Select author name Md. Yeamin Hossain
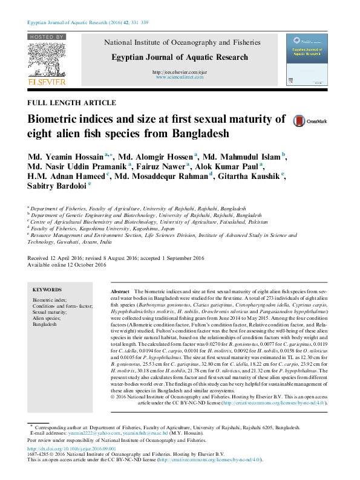[x=65, y=157]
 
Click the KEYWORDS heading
[x=47, y=290]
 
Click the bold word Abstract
[x=120, y=291]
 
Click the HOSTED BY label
[x=46, y=37]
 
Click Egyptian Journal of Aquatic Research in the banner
[x=180, y=57]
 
